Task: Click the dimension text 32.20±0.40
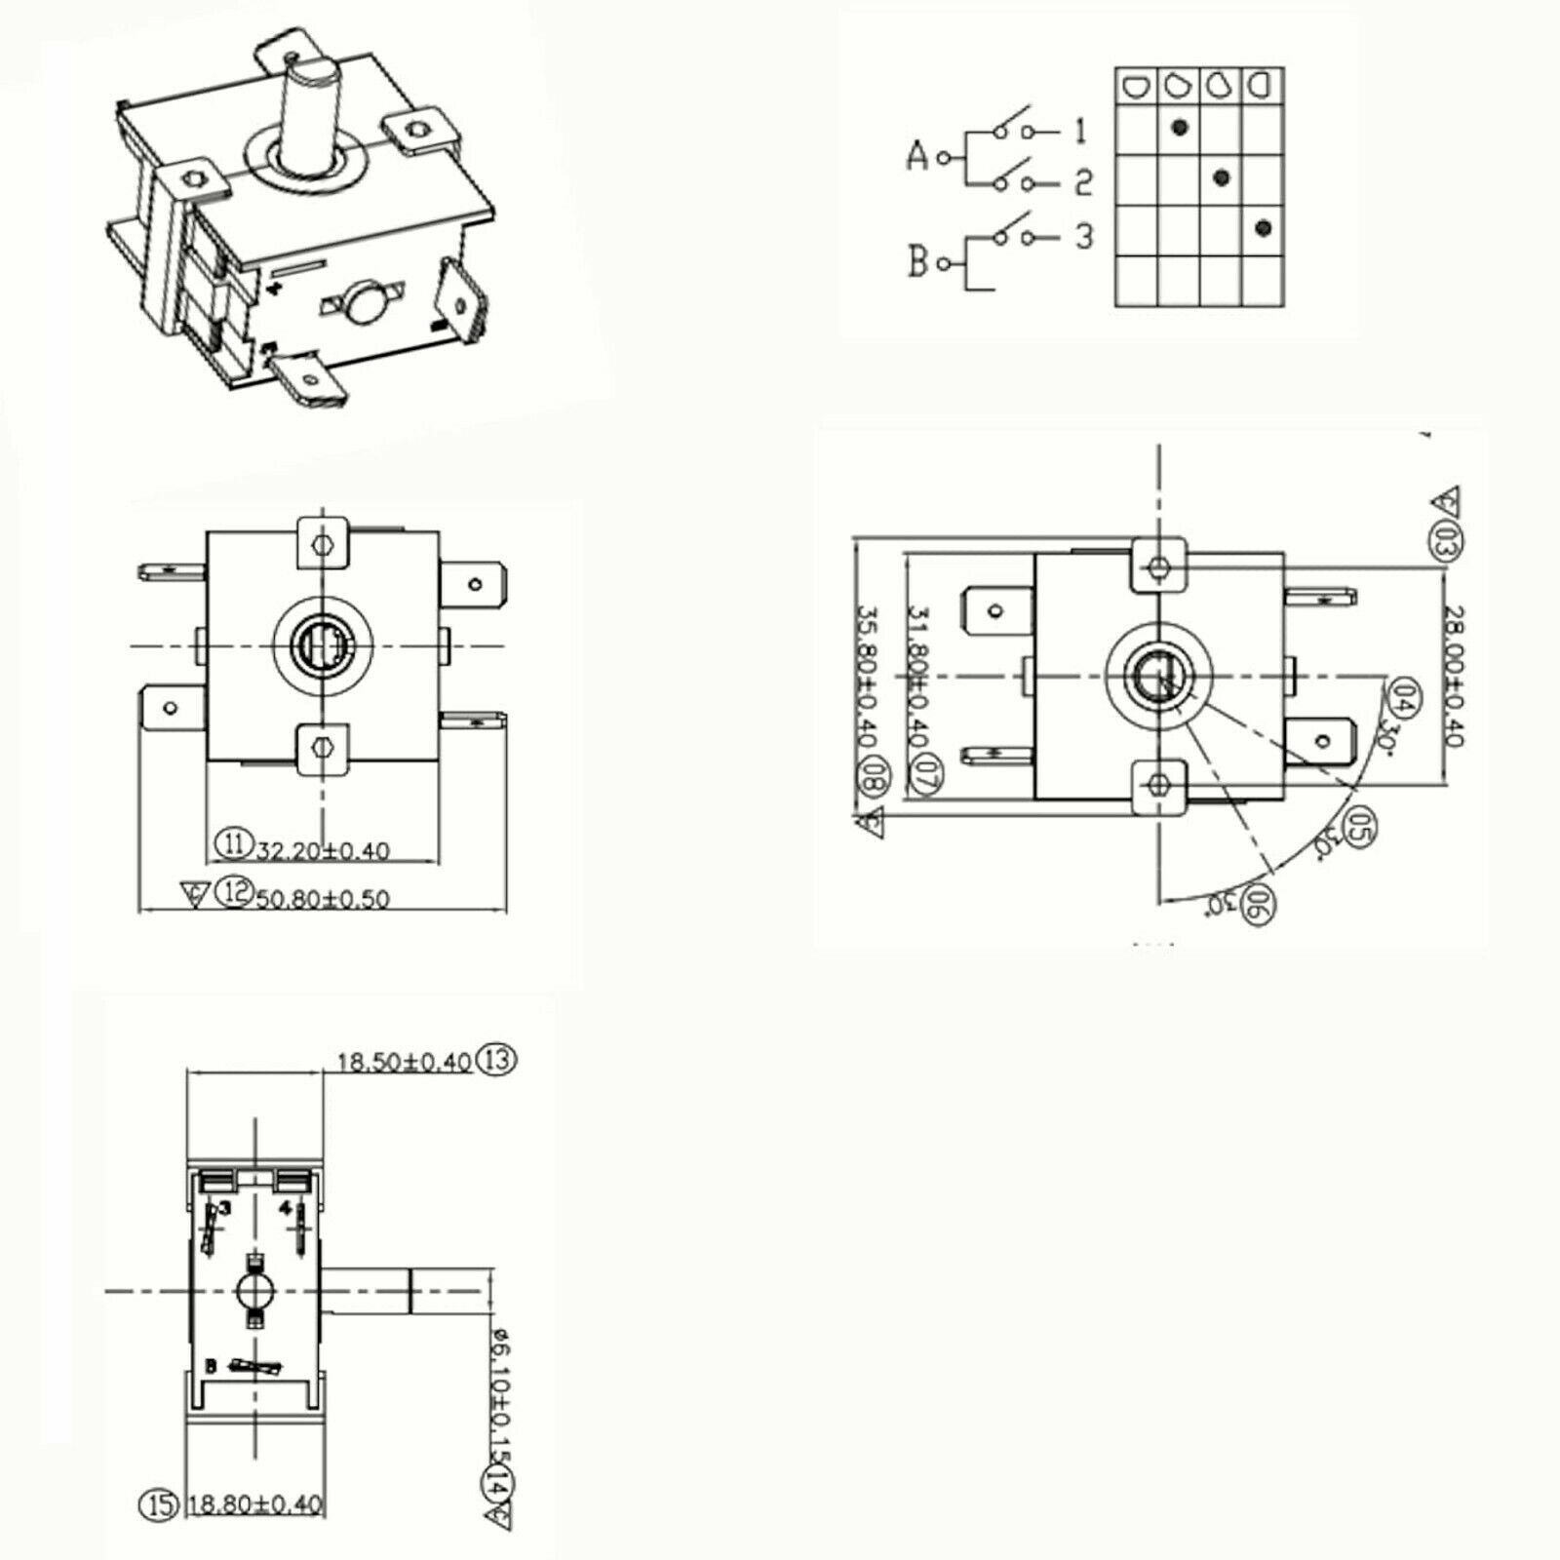tap(322, 851)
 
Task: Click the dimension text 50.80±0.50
tap(322, 898)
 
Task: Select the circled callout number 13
tap(497, 1060)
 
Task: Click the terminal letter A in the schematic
tap(916, 156)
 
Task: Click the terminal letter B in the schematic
tap(916, 262)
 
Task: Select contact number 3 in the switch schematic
tap(1084, 236)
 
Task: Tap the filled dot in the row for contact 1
tap(1180, 127)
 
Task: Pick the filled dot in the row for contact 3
tap(1264, 228)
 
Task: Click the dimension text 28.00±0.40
tap(1454, 676)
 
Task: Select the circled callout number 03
tap(1445, 541)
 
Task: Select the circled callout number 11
tap(233, 841)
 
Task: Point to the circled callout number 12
tap(233, 890)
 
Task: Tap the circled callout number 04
tap(1405, 694)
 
